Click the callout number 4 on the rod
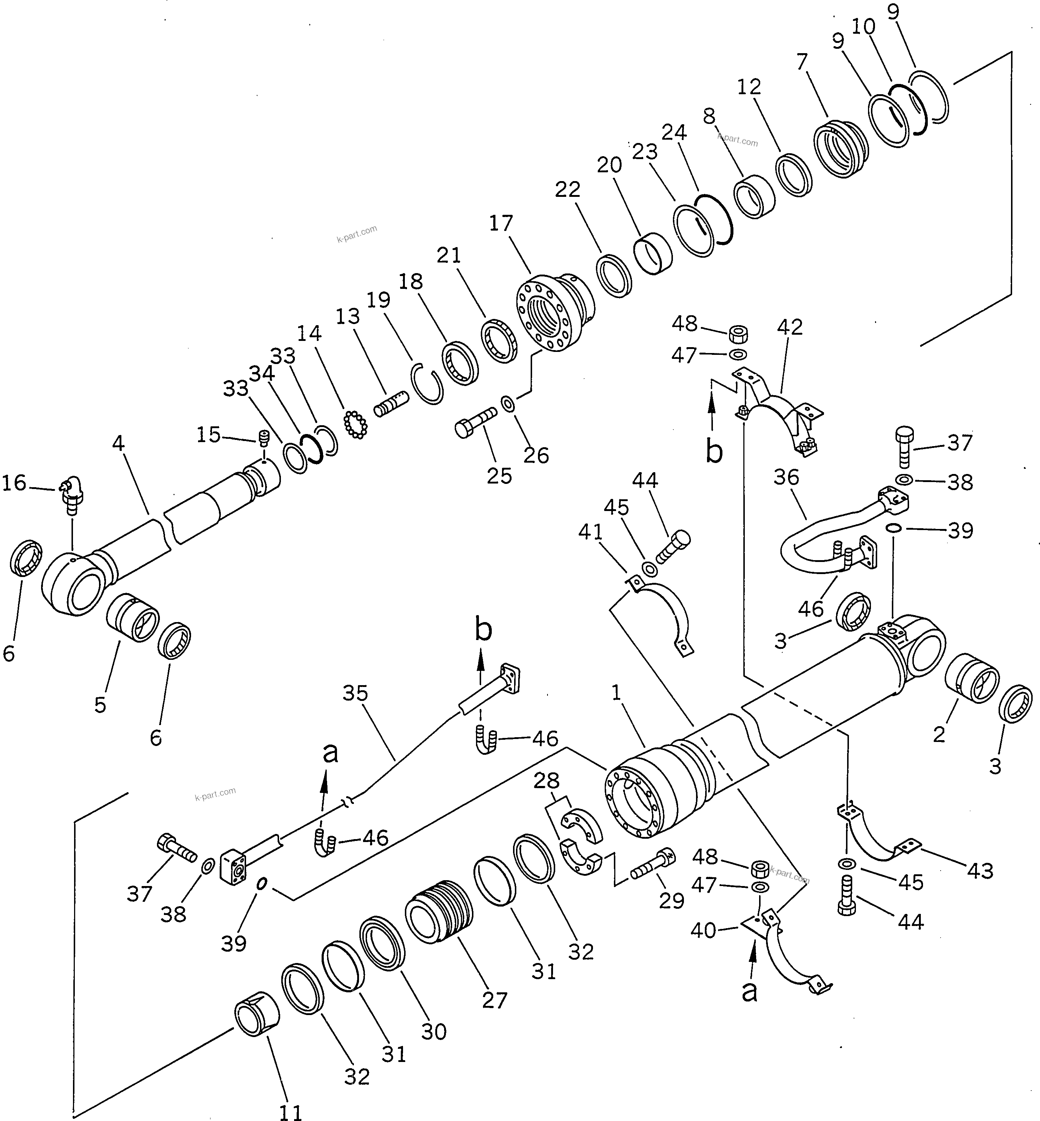118,443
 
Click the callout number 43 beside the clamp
980,871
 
